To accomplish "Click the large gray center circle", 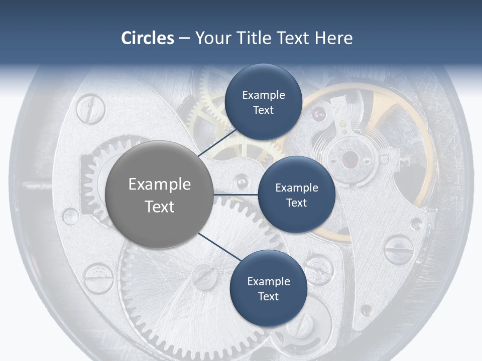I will (159, 195).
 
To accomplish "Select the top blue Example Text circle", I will (263, 102).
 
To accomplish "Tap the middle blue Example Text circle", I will (296, 195).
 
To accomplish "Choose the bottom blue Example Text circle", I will (268, 288).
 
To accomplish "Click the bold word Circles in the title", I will (148, 38).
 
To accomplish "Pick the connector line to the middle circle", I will (235, 195).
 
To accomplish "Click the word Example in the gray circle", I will (159, 185).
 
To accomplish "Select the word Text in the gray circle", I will (159, 207).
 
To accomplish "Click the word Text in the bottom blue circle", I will (268, 296).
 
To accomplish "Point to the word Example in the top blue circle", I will (263, 95).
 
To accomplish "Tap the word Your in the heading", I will (212, 38).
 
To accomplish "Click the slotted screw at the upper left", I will (90, 108).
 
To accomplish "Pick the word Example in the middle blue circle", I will (296, 188).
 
